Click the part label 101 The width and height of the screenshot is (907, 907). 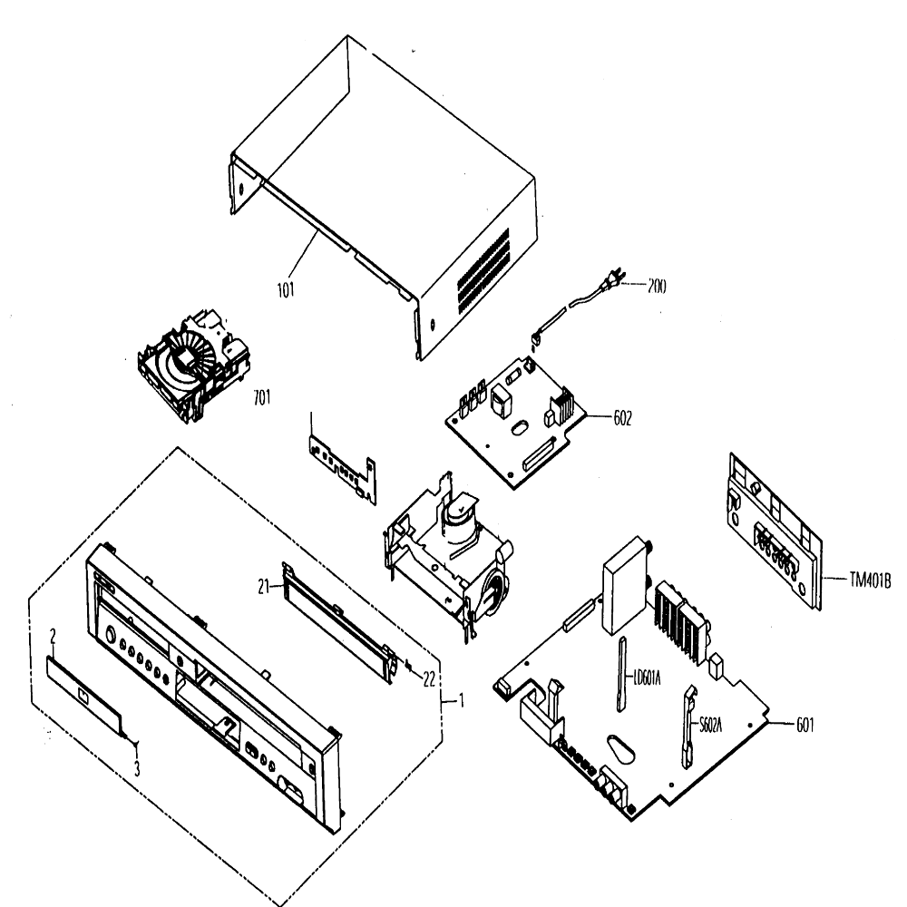286,289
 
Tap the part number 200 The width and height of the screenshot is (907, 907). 657,286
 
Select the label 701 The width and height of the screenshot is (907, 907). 262,397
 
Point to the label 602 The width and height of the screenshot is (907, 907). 622,418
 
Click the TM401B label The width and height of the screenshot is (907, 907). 870,580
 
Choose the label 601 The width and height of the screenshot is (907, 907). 805,726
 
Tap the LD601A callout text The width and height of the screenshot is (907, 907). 647,678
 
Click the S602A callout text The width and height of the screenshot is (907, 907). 710,726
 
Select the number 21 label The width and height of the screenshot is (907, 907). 264,587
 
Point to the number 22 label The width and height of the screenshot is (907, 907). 429,679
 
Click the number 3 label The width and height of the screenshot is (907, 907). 137,769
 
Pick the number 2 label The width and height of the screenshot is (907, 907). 54,637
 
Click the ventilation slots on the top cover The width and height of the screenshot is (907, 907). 483,270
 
